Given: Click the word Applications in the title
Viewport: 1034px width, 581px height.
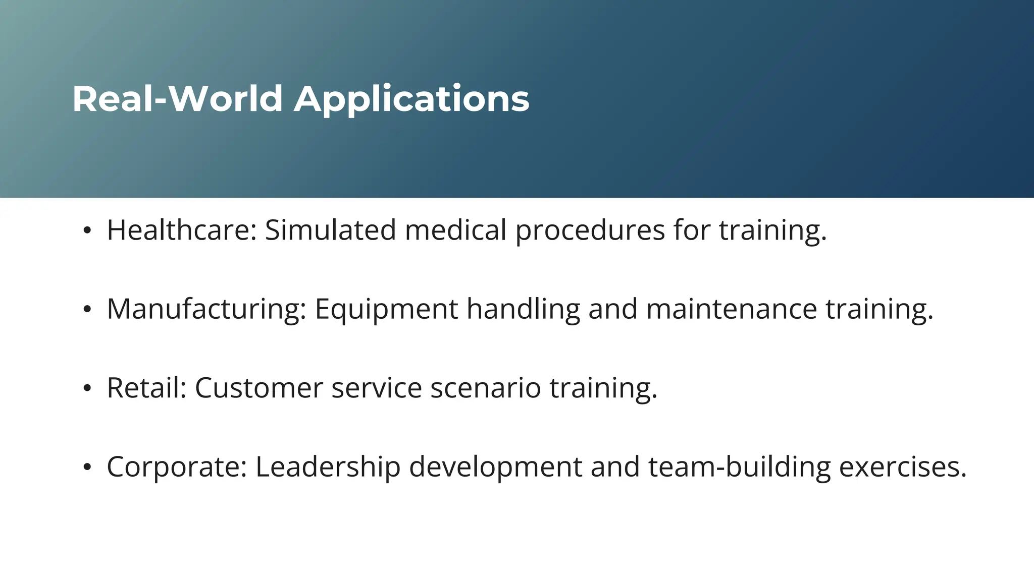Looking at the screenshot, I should [411, 99].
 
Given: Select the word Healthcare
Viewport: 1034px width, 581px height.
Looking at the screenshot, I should [182, 230].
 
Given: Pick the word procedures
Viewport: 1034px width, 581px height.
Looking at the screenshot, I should [590, 231].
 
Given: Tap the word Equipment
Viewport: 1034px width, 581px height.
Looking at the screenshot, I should [386, 309].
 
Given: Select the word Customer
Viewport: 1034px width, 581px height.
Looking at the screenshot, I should [258, 388].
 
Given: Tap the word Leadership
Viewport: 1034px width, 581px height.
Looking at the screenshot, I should [328, 467].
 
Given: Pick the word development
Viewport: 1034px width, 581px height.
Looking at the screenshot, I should [495, 467].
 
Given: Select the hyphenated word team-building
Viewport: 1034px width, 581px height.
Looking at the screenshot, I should [739, 467].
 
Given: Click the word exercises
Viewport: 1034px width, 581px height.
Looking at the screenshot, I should [903, 467].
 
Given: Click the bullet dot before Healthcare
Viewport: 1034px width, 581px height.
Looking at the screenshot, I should [87, 231].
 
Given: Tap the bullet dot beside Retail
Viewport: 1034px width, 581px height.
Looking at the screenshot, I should [87, 389].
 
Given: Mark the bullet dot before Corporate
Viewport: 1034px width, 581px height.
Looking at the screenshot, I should [87, 468].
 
